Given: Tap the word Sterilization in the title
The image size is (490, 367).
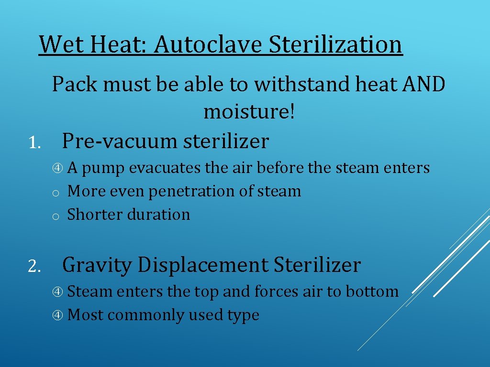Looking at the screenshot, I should (x=335, y=44).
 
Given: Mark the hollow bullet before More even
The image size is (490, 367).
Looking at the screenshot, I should (x=56, y=193).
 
